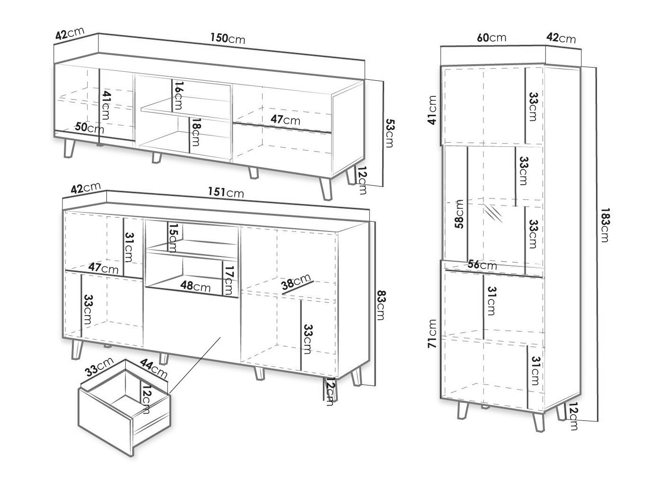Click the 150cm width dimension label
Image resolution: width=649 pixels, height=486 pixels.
click(228, 38)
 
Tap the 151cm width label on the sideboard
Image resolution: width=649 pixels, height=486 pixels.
click(226, 192)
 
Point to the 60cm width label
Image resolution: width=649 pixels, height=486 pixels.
click(491, 38)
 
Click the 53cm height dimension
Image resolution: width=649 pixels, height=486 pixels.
click(390, 133)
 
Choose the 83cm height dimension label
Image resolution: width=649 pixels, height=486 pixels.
click(381, 305)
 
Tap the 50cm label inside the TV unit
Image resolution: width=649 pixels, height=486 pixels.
click(89, 128)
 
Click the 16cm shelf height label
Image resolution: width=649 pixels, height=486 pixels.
click(178, 95)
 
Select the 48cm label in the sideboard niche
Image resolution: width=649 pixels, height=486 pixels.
click(195, 286)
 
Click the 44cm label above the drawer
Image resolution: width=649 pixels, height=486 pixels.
click(153, 368)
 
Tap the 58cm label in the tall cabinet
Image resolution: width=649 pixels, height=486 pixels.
click(459, 214)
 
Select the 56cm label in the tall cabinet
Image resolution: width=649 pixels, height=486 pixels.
click(482, 264)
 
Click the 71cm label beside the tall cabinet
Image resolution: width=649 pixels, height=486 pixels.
click(432, 333)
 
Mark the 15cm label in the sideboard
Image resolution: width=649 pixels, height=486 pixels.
click(173, 237)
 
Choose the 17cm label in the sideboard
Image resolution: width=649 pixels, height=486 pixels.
click(229, 281)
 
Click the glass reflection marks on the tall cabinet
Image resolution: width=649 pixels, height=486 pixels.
click(493, 213)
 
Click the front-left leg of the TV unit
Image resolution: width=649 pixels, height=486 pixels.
click(70, 148)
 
